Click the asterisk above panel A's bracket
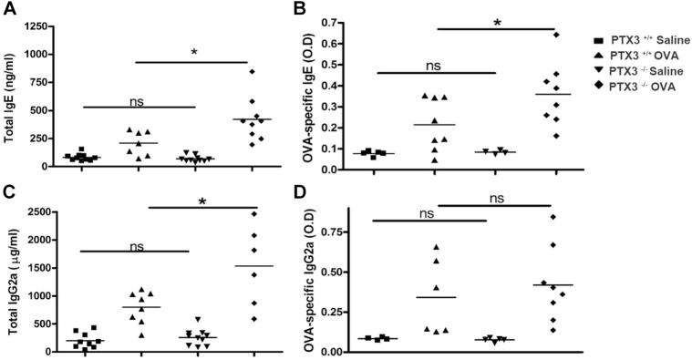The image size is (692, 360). [x=193, y=52]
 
